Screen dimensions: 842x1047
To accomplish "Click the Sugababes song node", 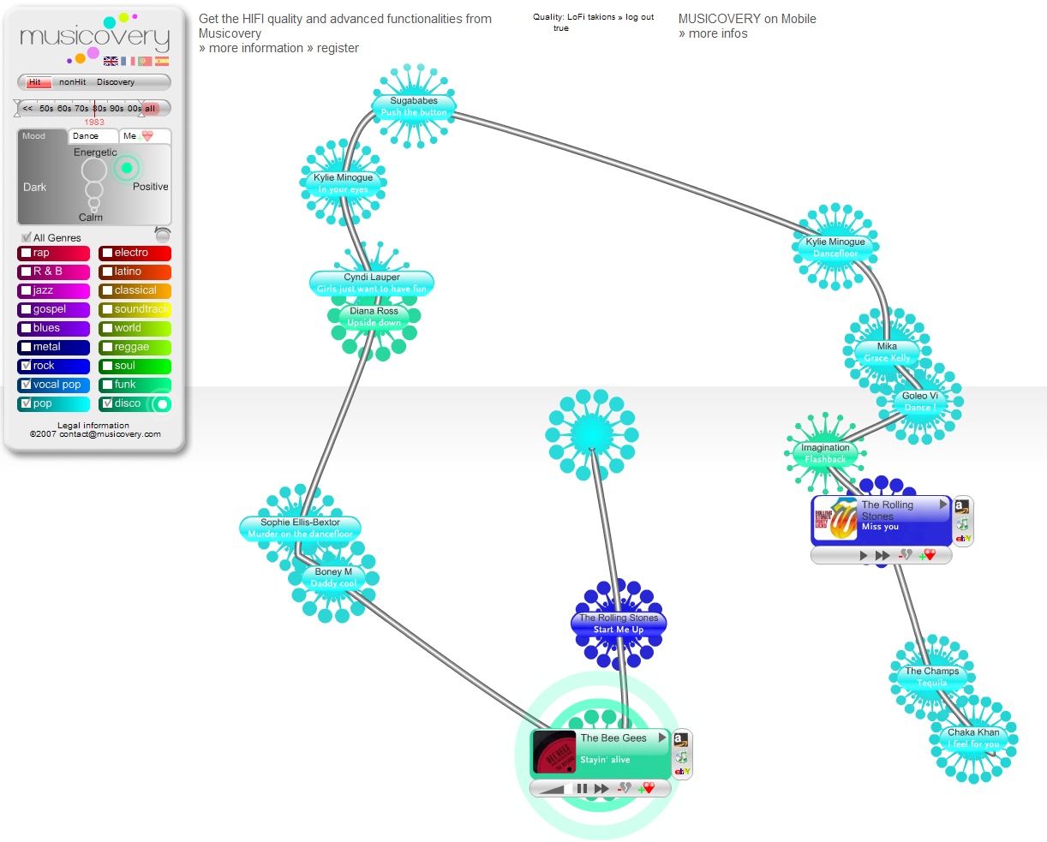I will point(414,106).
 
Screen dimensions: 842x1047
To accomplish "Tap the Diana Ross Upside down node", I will point(374,317).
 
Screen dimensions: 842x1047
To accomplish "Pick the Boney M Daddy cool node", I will point(333,577).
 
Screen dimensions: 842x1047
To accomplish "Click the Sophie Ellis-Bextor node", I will point(300,528).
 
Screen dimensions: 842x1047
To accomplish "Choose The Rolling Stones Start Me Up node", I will point(619,624).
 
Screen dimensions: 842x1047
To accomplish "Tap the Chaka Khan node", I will point(973,738).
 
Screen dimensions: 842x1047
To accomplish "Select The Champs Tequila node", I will point(932,677).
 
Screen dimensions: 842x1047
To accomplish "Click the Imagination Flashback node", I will point(825,453).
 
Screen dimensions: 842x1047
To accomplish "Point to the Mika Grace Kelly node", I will point(887,352).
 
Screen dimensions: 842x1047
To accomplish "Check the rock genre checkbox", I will point(27,366).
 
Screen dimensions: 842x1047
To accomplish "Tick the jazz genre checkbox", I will point(27,290).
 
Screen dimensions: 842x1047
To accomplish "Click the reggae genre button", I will point(135,347).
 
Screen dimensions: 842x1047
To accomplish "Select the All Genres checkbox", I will point(27,237).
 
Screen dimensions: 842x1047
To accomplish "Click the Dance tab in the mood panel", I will point(86,136).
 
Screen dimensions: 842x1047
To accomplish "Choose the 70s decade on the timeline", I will point(81,109).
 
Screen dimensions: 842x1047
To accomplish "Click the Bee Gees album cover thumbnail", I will point(554,752).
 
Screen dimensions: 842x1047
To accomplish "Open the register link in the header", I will point(338,48).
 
